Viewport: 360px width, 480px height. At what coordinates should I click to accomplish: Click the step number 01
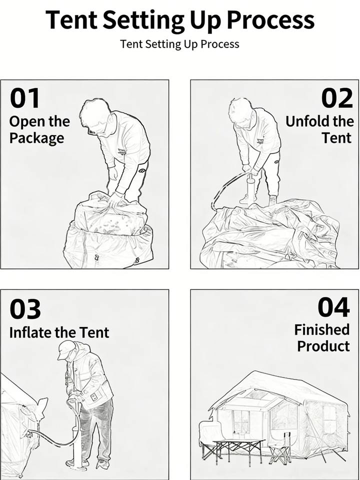coord(25,98)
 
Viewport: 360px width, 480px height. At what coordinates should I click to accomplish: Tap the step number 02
coord(337,98)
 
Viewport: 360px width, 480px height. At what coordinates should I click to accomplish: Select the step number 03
coord(25,309)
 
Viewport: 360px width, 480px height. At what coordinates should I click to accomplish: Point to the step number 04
coord(333,307)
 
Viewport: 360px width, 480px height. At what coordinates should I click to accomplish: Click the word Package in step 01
coord(36,138)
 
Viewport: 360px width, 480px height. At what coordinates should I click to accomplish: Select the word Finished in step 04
coord(321,329)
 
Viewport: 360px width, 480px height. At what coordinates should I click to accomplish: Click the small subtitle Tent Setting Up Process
coord(179,44)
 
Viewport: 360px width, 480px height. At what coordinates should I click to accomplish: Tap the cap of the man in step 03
coord(66,349)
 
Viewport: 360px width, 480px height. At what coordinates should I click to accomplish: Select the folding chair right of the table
coord(280,449)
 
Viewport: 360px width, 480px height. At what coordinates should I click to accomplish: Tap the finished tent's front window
coord(241,421)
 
